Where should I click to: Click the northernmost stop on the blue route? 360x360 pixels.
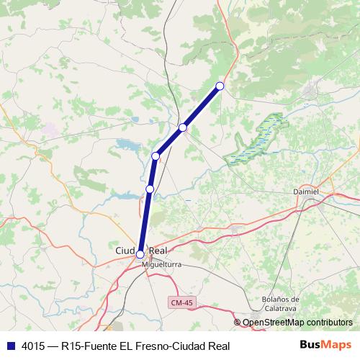pos(220,86)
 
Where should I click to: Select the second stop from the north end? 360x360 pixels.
pos(183,127)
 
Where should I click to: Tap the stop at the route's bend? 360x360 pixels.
pos(156,156)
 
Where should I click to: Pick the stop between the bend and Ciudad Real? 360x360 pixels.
pos(150,189)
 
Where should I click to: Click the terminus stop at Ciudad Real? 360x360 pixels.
pos(140,253)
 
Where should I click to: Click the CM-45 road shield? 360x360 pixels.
pos(182,302)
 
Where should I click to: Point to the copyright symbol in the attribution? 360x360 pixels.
pos(238,323)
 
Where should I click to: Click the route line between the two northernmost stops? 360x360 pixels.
pos(202,107)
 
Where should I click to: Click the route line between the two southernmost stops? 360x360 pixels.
pos(145,221)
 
